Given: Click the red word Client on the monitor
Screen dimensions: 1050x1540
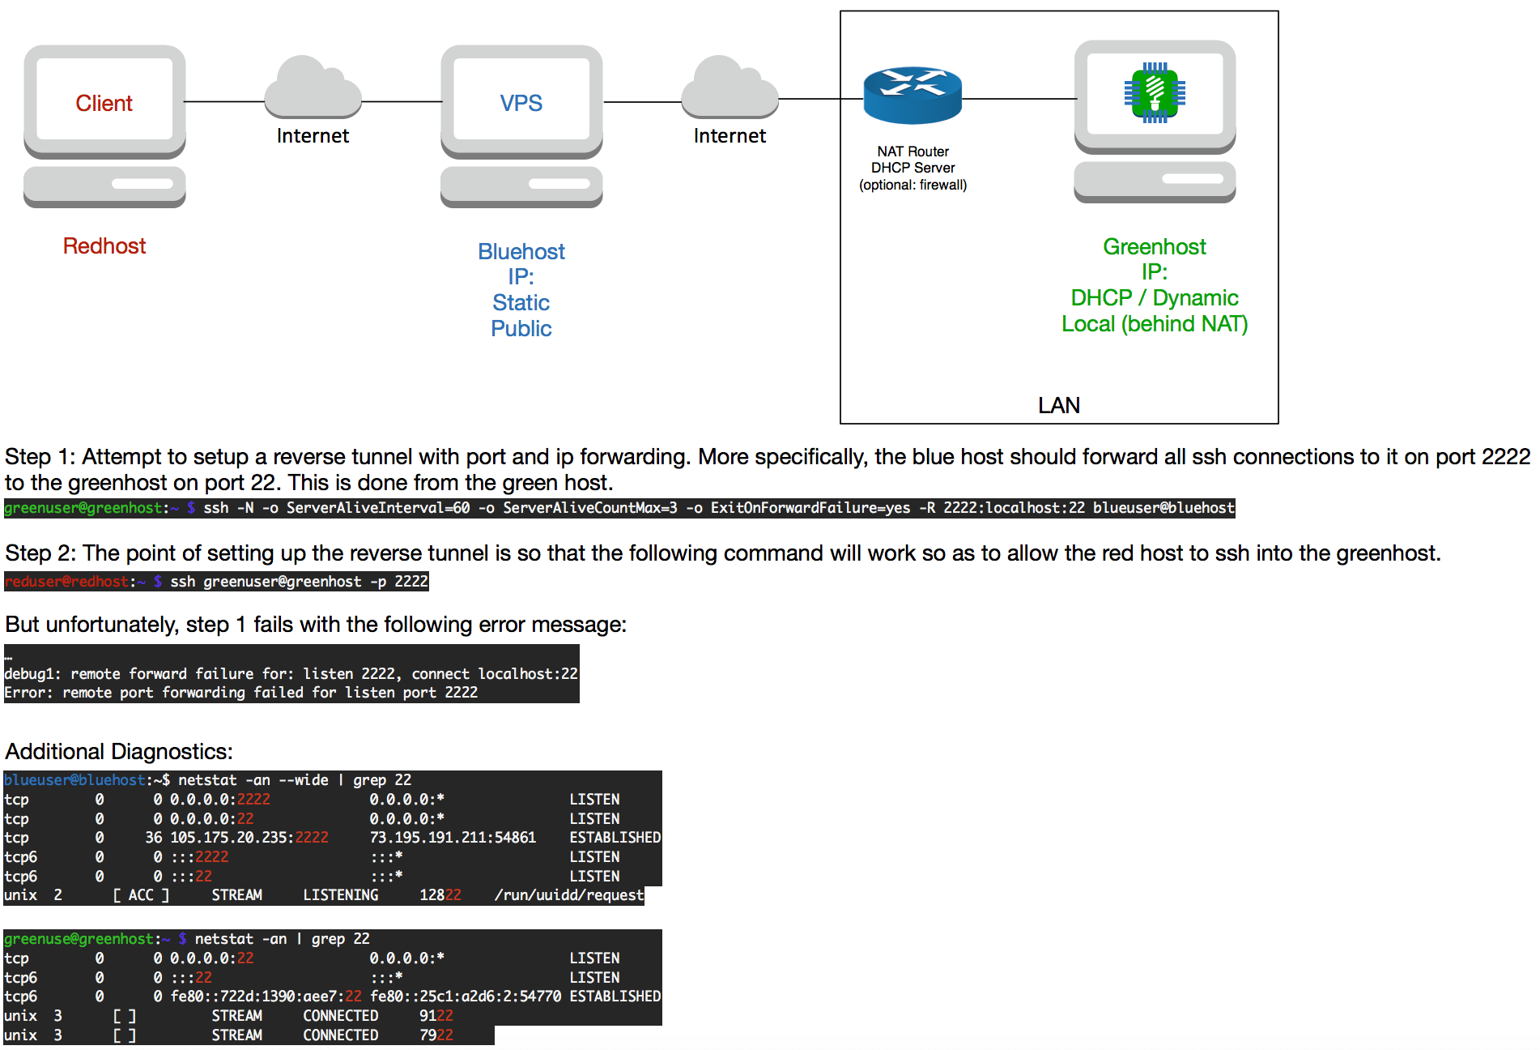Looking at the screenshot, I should (x=104, y=103).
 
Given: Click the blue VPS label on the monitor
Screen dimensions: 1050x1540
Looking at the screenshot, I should (x=521, y=103).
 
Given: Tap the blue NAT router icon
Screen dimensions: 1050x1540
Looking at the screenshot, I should (x=913, y=95).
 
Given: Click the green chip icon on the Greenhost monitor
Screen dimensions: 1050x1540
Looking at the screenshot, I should (x=1155, y=92).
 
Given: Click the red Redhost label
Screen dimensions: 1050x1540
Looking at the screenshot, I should (x=104, y=246).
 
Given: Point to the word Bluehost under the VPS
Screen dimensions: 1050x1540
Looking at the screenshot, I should (x=521, y=251).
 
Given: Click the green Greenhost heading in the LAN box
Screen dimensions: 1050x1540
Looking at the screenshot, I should (x=1154, y=246).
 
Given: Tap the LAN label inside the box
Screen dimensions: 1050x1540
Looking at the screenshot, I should (x=1058, y=405).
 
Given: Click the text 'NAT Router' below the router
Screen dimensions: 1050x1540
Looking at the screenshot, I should (x=913, y=152).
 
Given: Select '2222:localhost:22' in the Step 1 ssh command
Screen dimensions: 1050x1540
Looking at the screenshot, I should (x=1014, y=508).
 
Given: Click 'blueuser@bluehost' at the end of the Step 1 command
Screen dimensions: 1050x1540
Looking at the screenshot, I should (x=1164, y=508).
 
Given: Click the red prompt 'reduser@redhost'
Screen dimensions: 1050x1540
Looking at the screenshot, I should (x=66, y=582).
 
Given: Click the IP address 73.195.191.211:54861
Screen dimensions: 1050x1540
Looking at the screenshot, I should (x=453, y=838).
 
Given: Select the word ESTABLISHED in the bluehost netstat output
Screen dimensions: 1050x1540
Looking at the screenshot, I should (x=615, y=838).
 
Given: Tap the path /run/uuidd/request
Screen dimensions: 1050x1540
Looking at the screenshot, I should (x=568, y=895).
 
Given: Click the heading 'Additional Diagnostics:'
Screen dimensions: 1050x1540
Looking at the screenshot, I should (x=119, y=752).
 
